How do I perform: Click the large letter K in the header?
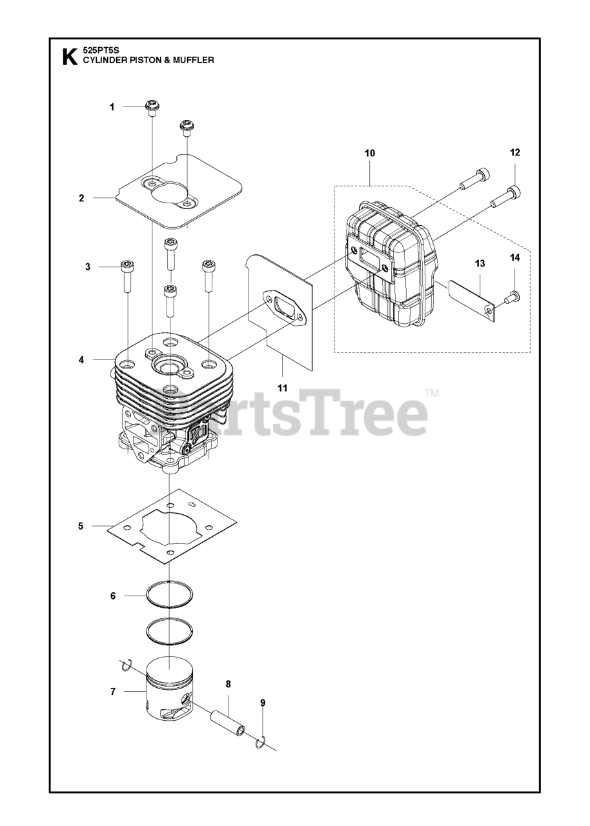(68, 57)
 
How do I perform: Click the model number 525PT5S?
(98, 50)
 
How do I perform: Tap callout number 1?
(112, 107)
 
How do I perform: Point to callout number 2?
(81, 198)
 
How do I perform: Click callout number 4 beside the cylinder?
(81, 360)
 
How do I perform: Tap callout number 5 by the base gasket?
(81, 526)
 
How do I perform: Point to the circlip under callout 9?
(260, 743)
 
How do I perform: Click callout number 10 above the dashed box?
(369, 153)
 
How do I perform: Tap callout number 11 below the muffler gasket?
(282, 388)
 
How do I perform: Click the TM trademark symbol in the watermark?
(431, 392)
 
